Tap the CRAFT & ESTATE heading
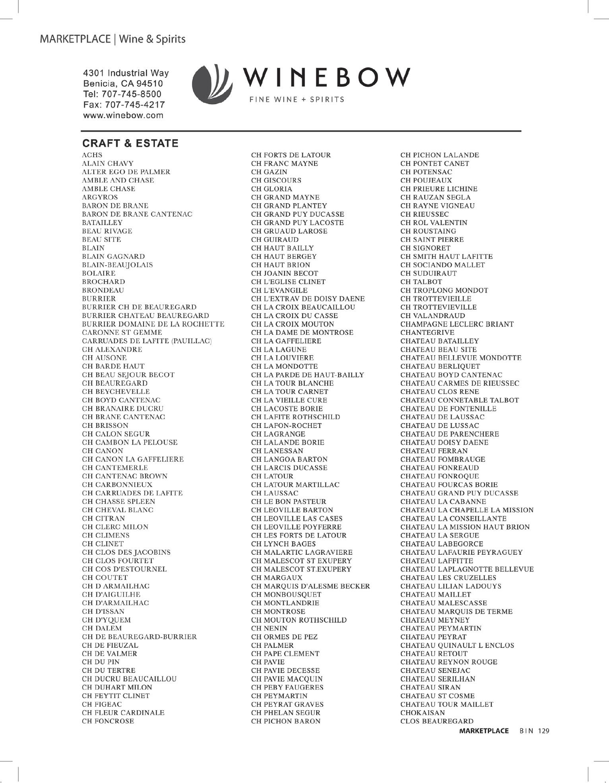tap(130, 143)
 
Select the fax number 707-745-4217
tap(124, 105)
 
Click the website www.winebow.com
tap(123, 116)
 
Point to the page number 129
tap(543, 731)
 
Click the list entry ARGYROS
tap(100, 197)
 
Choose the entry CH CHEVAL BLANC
tap(118, 510)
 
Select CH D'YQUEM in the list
tap(106, 620)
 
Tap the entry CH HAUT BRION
tap(281, 265)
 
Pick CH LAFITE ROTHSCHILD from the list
tap(295, 417)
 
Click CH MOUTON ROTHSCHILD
tap(299, 620)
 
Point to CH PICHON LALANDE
tap(440, 155)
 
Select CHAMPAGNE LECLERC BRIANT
tap(457, 324)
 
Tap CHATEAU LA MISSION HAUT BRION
tap(465, 527)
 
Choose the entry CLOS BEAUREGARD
tap(437, 721)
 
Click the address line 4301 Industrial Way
tap(126, 73)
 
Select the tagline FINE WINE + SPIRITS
tap(297, 99)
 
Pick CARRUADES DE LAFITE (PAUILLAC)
tap(147, 341)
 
